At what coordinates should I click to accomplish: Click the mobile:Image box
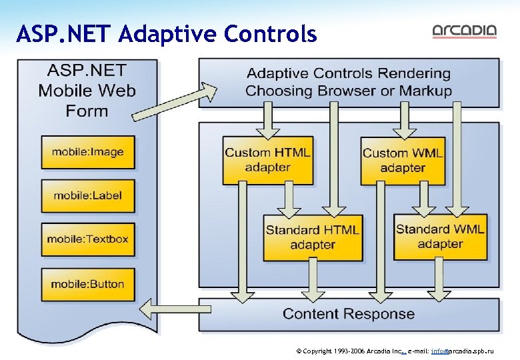tap(88, 152)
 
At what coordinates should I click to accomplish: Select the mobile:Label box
tap(88, 195)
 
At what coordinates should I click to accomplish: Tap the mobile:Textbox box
tap(88, 239)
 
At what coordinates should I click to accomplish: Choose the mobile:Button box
tap(88, 284)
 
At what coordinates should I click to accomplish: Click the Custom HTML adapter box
tap(267, 160)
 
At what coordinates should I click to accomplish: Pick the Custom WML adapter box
tap(403, 160)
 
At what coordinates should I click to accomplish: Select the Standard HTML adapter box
tap(312, 237)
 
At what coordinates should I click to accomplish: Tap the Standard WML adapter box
tap(440, 237)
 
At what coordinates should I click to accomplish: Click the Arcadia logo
tap(464, 31)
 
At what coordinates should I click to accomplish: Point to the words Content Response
tap(348, 313)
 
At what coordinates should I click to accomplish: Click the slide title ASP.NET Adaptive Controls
tap(167, 33)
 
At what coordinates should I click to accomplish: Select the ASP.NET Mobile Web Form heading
tap(87, 91)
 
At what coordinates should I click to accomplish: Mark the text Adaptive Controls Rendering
tap(348, 73)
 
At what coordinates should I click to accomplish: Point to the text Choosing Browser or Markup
tap(348, 91)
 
